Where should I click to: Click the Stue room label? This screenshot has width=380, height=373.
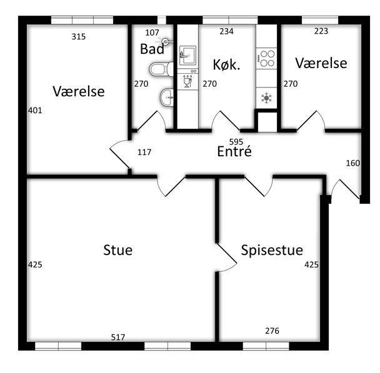coord(117,250)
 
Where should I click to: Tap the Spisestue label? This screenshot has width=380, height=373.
coord(272,251)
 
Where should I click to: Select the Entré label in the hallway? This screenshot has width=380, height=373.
coord(234,151)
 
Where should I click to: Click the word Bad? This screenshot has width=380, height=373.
coord(152,49)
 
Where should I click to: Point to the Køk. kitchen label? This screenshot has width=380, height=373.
coord(227,65)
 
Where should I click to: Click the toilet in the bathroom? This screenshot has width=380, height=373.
coord(161,69)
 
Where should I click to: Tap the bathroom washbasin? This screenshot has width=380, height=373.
coord(167,97)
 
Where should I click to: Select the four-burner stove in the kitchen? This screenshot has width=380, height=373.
coord(267,58)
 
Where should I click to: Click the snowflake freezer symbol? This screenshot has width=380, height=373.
coord(267,98)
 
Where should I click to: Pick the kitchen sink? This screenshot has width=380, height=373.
coord(187,56)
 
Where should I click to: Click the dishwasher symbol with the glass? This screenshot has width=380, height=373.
coord(188,81)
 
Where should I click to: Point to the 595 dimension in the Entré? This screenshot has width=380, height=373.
coord(236,142)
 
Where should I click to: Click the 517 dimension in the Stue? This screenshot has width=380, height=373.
coord(118,337)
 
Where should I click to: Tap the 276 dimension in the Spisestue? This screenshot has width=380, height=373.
coord(272,331)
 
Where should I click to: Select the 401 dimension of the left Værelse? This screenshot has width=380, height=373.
coord(35,111)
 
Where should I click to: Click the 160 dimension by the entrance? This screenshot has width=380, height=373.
coord(353,163)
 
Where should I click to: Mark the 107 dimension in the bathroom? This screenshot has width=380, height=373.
coord(152,32)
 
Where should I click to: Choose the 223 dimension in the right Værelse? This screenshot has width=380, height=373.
coord(321,31)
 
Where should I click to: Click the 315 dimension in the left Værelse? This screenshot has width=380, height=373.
coord(79,37)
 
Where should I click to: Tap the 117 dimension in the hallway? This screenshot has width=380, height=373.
coord(144,152)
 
